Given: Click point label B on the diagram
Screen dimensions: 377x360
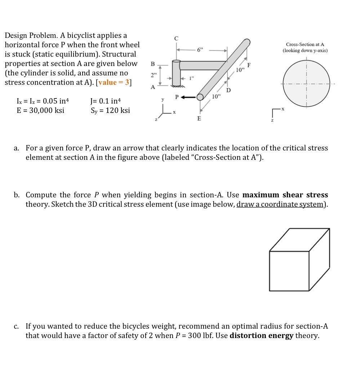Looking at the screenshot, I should tap(152, 63).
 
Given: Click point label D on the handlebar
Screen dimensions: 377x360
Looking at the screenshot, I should tap(228, 89).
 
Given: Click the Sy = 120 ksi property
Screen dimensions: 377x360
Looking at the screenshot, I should tap(110, 110).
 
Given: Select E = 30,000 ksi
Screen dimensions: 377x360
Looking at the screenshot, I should tap(40, 110).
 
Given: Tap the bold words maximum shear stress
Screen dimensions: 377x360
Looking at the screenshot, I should tap(285, 195).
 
